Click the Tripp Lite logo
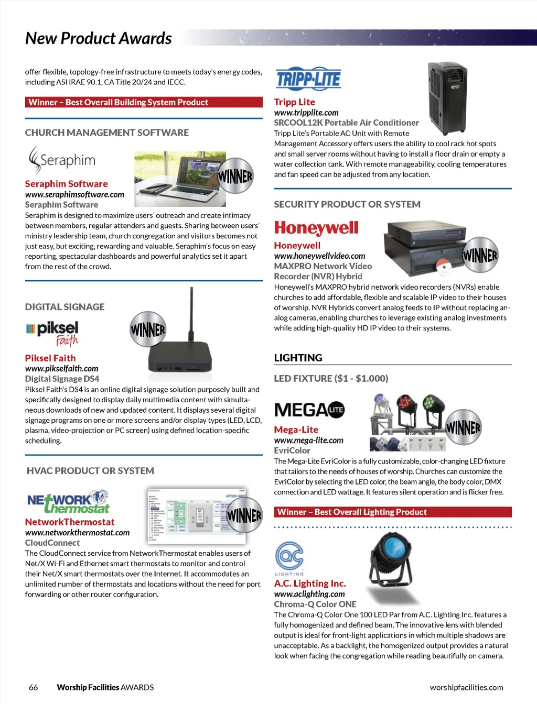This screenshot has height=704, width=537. pyautogui.click(x=308, y=78)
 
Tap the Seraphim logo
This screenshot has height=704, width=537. pyautogui.click(x=62, y=160)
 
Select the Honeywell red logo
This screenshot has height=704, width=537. pyautogui.click(x=316, y=228)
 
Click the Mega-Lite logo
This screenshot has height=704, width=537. pyautogui.click(x=309, y=410)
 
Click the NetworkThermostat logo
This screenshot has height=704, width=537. pyautogui.click(x=68, y=501)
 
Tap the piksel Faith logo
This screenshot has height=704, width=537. pyautogui.click(x=52, y=334)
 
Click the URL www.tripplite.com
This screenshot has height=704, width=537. pyautogui.click(x=306, y=113)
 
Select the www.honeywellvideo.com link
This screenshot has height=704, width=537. pyautogui.click(x=319, y=256)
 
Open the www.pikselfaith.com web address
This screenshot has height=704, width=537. pyautogui.click(x=62, y=369)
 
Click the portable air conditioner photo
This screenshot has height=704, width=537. pyautogui.click(x=447, y=98)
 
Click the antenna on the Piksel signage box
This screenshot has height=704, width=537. pyautogui.click(x=191, y=313)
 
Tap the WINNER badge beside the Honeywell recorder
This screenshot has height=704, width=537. pyautogui.click(x=480, y=255)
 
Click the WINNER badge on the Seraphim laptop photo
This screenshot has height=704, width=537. pyautogui.click(x=235, y=176)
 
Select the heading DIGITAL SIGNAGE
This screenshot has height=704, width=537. pyautogui.click(x=65, y=307)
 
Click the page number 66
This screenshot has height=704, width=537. pyautogui.click(x=34, y=687)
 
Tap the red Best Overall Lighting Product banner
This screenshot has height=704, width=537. pyautogui.click(x=393, y=512)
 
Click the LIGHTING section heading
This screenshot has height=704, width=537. pyautogui.click(x=298, y=358)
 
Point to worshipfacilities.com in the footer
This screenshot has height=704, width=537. pyautogui.click(x=466, y=687)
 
